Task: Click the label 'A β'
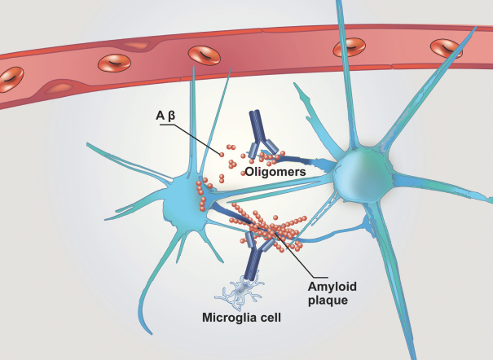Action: pos(168,113)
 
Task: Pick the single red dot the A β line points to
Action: pos(221,151)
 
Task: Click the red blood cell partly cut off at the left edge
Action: pos(7,80)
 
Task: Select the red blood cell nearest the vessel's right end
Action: pos(447,48)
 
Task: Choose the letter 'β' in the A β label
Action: pos(172,113)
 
